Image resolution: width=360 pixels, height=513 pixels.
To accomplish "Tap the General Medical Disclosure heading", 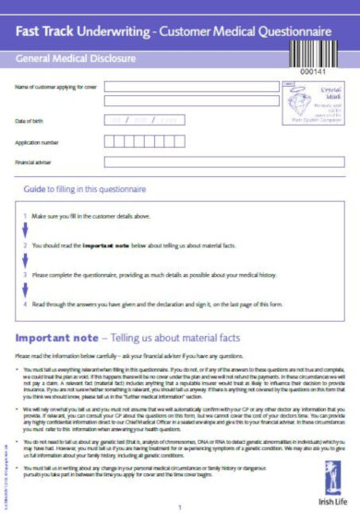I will point(72,57).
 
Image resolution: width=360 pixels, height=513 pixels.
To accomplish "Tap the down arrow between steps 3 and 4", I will point(26,289).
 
